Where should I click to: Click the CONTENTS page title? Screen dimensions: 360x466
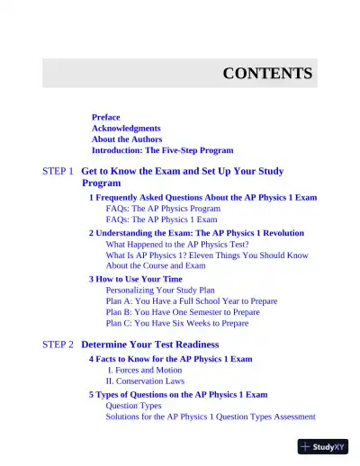[267, 74]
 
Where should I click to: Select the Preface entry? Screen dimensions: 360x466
[105, 118]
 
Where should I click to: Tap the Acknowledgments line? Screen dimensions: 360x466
[126, 129]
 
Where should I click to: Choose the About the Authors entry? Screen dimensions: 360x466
[127, 139]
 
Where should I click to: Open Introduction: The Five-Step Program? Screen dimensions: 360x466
[162, 150]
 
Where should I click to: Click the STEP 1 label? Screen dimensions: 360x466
[58, 171]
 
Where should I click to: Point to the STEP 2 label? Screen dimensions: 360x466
[58, 345]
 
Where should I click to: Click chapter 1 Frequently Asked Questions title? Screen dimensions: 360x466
[202, 197]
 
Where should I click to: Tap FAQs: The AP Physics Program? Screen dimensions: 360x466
[163, 208]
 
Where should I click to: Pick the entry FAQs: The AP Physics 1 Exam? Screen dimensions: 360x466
[161, 219]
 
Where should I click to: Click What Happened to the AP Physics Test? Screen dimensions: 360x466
[177, 244]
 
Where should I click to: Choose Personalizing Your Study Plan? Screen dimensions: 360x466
[160, 291]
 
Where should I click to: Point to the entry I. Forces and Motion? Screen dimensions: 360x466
[145, 370]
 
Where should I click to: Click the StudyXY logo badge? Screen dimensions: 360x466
[322, 446]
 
